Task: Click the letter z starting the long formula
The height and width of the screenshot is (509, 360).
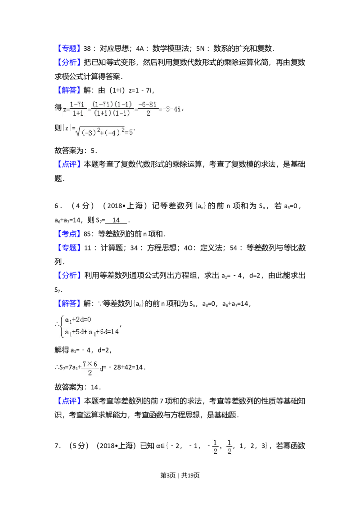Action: pyautogui.click(x=65, y=109)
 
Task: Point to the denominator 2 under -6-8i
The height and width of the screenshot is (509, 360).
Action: pyautogui.click(x=148, y=114)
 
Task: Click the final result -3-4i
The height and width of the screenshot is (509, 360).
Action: pyautogui.click(x=172, y=109)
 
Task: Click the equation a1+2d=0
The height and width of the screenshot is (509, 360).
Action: pyautogui.click(x=78, y=320)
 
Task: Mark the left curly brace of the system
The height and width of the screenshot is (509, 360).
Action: pyautogui.click(x=62, y=326)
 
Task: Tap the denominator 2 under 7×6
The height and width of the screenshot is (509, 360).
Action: pyautogui.click(x=90, y=373)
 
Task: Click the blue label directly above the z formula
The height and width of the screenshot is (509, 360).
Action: pyautogui.click(x=69, y=91)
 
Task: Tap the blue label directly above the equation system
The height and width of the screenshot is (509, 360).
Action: pyautogui.click(x=69, y=304)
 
